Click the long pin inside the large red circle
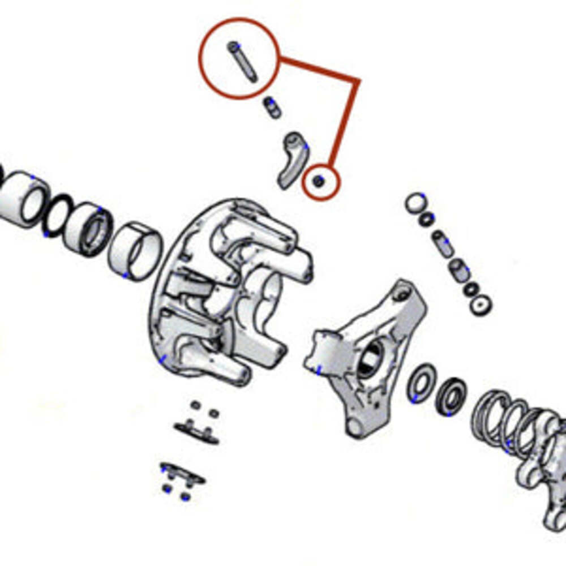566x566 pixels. pyautogui.click(x=242, y=61)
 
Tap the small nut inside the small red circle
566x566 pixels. pyautogui.click(x=319, y=181)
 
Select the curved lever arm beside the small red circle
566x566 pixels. pyautogui.click(x=292, y=158)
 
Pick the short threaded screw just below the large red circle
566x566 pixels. pyautogui.click(x=272, y=107)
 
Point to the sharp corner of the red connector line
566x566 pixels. pyautogui.click(x=358, y=80)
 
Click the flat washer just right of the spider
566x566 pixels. pyautogui.click(x=421, y=384)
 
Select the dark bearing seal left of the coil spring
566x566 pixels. pyautogui.click(x=451, y=396)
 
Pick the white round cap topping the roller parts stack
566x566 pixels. pyautogui.click(x=415, y=201)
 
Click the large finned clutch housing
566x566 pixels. pyautogui.click(x=226, y=294)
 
